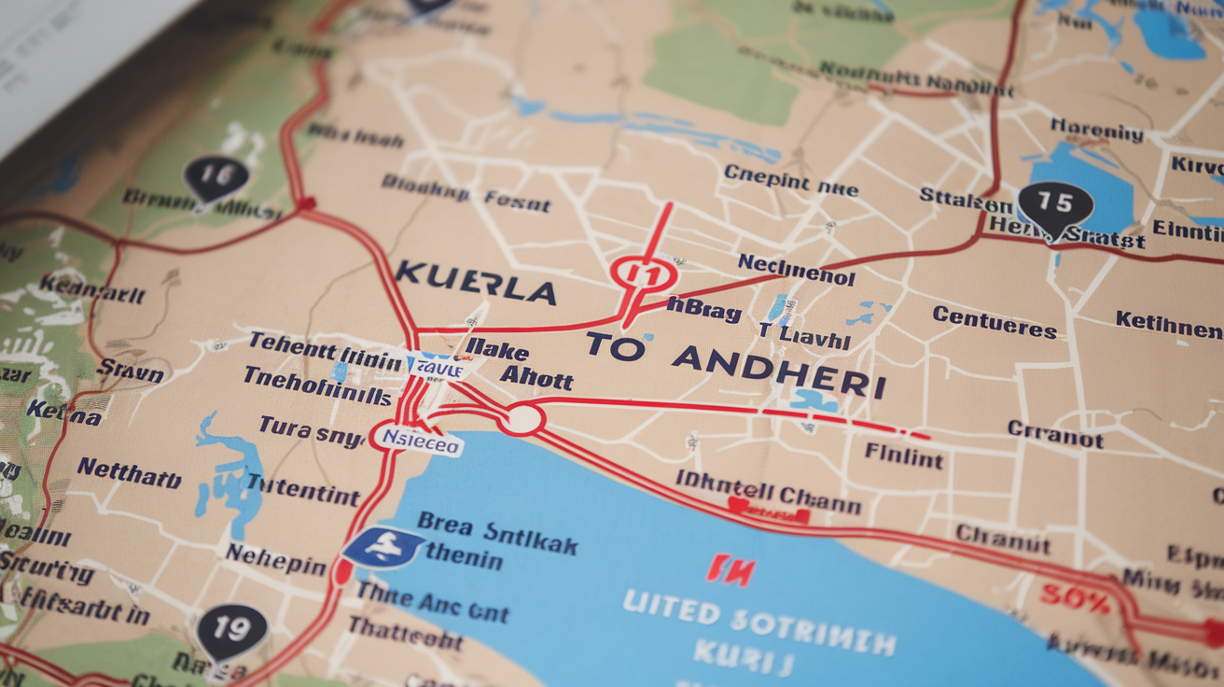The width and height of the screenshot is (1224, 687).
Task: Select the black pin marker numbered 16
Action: [x=216, y=176]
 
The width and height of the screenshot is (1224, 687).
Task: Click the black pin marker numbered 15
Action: [x=1055, y=205]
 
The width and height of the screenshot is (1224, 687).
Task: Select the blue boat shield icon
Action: [x=382, y=548]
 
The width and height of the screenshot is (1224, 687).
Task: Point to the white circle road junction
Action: [x=523, y=419]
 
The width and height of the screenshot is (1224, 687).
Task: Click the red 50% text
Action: [x=1075, y=600]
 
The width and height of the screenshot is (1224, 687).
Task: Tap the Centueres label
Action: [x=994, y=323]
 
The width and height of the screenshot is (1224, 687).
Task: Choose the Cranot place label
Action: [x=1054, y=433]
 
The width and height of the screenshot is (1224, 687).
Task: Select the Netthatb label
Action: [x=129, y=473]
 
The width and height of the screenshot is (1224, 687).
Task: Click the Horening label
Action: [x=1096, y=129]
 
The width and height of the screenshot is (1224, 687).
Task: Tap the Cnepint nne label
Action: [x=789, y=179]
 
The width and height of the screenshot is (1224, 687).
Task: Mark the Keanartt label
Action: [x=92, y=288]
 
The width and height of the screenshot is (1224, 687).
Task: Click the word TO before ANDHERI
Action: [x=616, y=346]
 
